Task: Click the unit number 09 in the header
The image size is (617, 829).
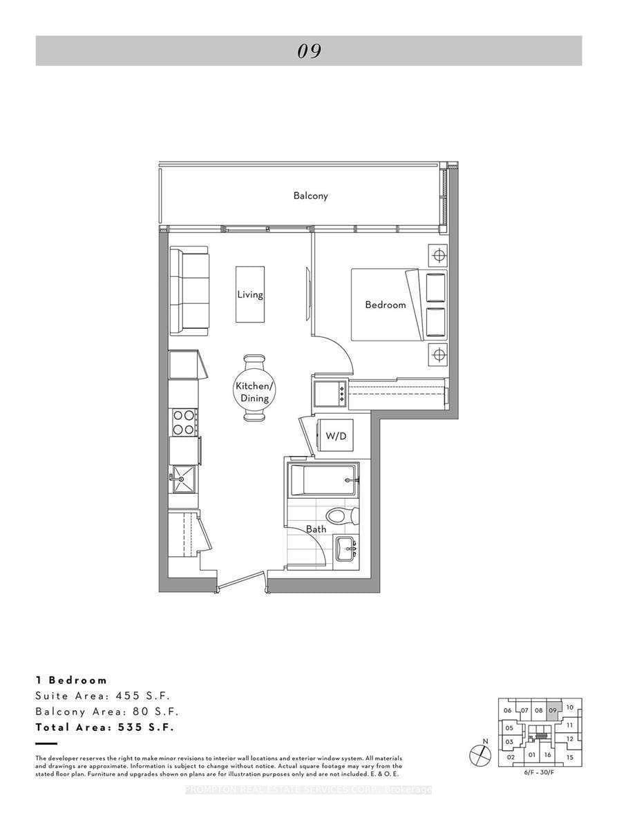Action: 309,51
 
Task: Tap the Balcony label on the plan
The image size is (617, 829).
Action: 310,196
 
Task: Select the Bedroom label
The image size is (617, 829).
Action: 385,304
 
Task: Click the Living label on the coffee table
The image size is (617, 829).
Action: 249,294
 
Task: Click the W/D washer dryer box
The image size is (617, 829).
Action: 335,436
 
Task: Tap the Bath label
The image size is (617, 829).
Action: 316,529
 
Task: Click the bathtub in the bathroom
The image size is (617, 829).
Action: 323,479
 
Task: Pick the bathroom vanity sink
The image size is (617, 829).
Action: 345,550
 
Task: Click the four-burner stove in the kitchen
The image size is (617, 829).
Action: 183,422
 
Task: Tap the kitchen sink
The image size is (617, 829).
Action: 183,477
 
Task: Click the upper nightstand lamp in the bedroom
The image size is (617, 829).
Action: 437,256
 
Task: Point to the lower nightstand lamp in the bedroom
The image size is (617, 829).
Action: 437,355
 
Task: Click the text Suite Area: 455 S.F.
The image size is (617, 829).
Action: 102,696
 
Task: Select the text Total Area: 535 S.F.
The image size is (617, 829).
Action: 104,727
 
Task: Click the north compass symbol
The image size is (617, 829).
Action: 480,756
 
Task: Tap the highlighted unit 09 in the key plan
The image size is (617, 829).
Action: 552,710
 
